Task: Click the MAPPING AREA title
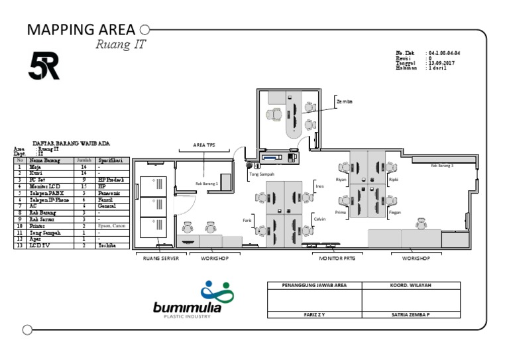81,30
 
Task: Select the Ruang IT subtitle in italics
120,45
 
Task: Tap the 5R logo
44,66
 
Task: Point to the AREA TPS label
204,145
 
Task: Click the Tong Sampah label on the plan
262,174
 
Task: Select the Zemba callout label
345,101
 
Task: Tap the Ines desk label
320,186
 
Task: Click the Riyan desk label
341,180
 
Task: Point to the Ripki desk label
394,180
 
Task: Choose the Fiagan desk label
395,212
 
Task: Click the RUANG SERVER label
161,258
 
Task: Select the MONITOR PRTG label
337,258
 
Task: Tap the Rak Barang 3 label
442,166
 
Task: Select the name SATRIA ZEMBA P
411,315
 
